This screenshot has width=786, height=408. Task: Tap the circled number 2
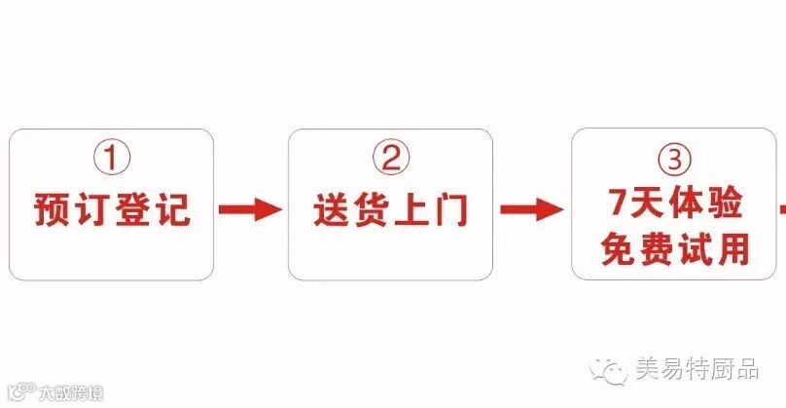click(391, 158)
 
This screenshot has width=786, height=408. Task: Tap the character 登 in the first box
click(135, 209)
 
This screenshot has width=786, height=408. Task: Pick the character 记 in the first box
click(174, 209)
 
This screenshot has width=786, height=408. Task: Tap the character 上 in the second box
click(411, 209)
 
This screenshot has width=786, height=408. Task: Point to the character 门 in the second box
click(450, 209)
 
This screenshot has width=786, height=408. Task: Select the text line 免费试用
click(675, 249)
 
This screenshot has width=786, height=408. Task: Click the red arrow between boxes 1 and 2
click(250, 209)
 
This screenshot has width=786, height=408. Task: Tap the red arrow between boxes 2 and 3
click(531, 209)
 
